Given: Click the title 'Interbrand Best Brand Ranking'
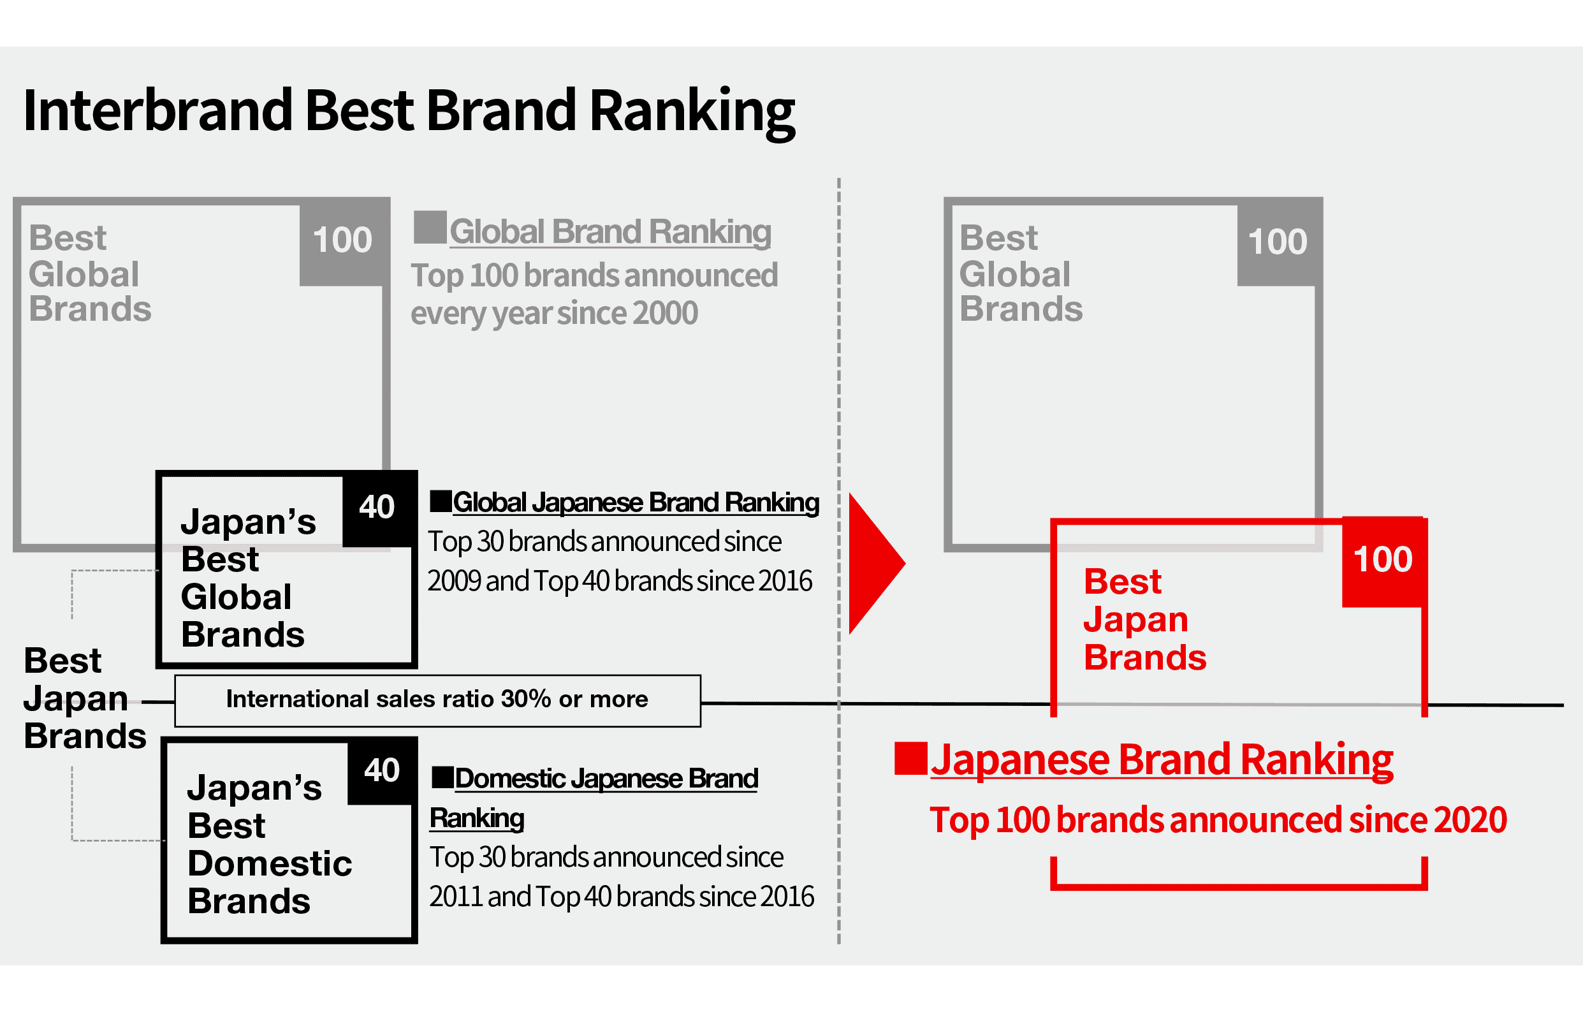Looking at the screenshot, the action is pos(409,112).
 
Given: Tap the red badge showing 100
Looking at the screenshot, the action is pos(1383,561).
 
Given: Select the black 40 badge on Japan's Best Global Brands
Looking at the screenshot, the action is pos(377,508).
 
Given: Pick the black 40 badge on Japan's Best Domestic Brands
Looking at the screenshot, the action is pos(382,771).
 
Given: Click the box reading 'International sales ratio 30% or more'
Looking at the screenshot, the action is pos(438,700).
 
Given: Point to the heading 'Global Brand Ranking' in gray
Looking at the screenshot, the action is pos(611,231).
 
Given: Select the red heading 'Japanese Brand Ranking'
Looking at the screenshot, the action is pos(1162,760).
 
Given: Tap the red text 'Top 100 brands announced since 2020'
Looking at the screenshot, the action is pos(1218,821).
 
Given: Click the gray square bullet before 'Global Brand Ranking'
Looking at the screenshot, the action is pos(430,228).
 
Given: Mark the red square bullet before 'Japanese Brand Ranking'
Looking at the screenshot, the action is pos(910,758).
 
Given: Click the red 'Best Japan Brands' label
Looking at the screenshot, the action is pos(1145,619).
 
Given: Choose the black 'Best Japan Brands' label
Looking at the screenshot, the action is pos(85,698).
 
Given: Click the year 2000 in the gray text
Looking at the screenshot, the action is pos(666,313).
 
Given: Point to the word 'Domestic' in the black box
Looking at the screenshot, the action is pos(270,863).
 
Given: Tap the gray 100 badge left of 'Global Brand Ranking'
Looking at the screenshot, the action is pos(342,240).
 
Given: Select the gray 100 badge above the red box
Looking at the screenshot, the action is pos(1278,242).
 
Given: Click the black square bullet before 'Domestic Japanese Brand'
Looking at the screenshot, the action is pos(442,777).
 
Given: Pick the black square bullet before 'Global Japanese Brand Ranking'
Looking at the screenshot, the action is pos(441,501).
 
